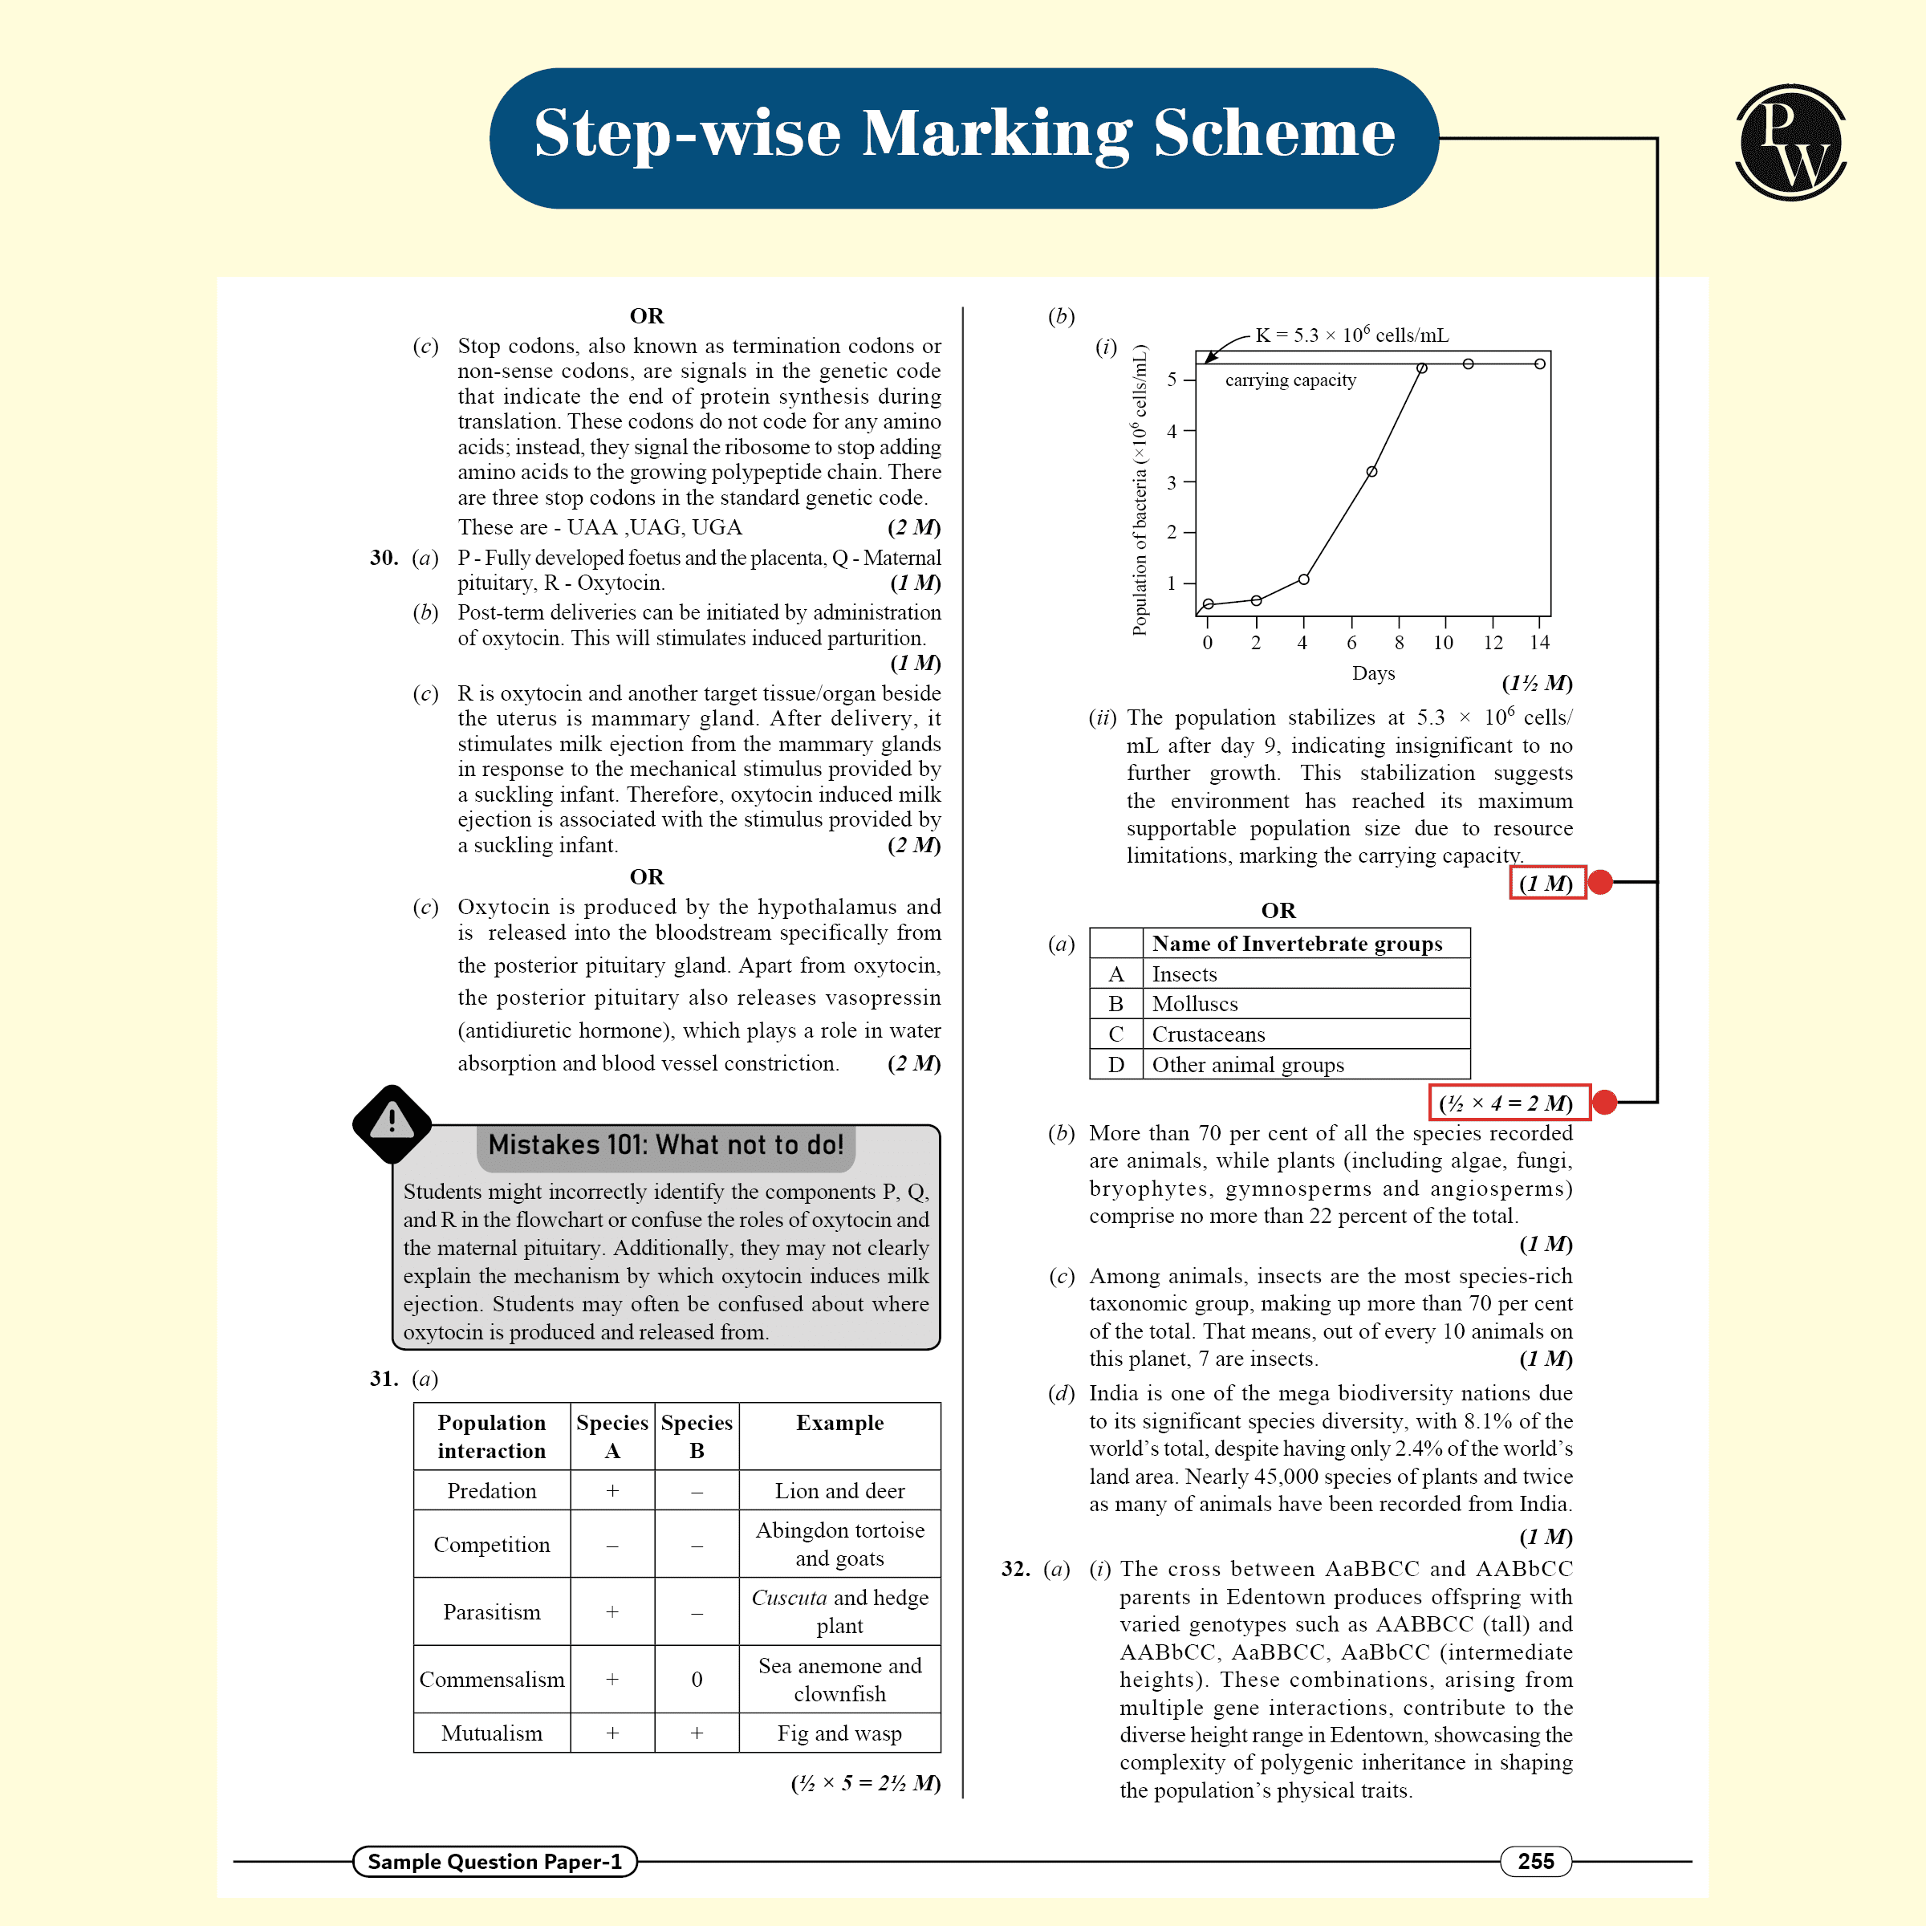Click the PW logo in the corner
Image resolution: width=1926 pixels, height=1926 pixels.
tap(1790, 143)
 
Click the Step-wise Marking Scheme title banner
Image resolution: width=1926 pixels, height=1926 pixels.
tap(963, 137)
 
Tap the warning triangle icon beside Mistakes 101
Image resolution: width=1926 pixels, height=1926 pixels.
tap(392, 1123)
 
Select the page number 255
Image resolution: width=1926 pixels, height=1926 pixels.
tap(1535, 1861)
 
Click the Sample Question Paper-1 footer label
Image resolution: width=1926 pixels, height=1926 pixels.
tap(494, 1861)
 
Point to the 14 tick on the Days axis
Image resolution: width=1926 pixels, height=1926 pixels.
tap(1540, 643)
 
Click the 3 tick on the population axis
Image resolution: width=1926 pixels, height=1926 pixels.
tap(1172, 482)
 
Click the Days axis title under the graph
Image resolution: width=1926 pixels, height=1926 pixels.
tap(1373, 673)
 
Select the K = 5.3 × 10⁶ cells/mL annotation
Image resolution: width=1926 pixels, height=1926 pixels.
tap(1351, 335)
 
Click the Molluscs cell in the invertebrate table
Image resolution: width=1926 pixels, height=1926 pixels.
tap(1195, 1004)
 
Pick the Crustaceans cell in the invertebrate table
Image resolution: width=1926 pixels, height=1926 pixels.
tap(1209, 1034)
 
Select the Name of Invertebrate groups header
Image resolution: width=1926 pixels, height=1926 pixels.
tap(1297, 943)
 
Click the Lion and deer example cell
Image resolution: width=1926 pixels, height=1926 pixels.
tap(839, 1490)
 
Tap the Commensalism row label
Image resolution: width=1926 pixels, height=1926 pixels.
tap(491, 1679)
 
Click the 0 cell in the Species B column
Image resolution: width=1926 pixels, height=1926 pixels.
tap(697, 1679)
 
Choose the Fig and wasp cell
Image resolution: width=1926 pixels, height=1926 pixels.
tap(839, 1733)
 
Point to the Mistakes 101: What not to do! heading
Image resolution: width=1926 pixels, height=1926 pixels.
tap(666, 1144)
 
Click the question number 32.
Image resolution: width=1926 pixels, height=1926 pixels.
tap(1015, 1568)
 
